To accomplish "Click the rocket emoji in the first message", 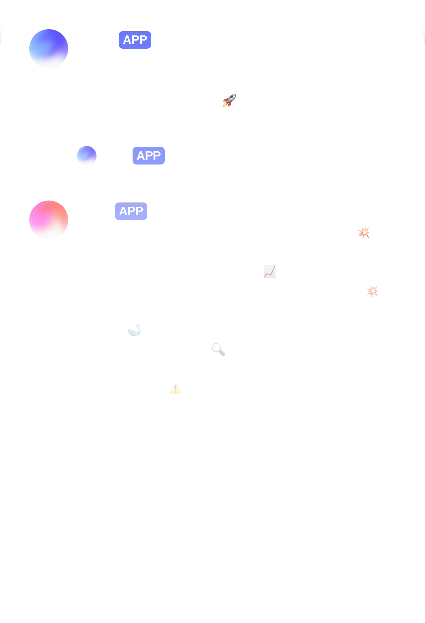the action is [x=229, y=101].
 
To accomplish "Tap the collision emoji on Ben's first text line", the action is [x=364, y=233].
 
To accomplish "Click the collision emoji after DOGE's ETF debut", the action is [x=373, y=291].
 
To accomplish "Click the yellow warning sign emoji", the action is [x=175, y=389].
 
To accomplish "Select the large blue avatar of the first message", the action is [x=49, y=49].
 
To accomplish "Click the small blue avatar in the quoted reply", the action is [x=86, y=155].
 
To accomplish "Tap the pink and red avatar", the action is [x=49, y=221].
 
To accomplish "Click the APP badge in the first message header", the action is [x=135, y=40].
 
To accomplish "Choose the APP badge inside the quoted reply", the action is [x=149, y=156].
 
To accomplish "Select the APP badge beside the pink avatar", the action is [x=131, y=211].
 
